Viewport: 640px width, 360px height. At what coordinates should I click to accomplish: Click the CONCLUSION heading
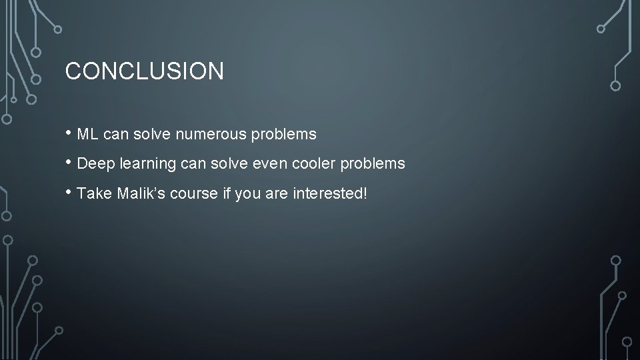pyautogui.click(x=144, y=71)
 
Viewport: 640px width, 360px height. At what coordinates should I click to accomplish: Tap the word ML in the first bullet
pyautogui.click(x=88, y=135)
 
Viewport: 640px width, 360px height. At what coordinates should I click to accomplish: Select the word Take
pyautogui.click(x=93, y=193)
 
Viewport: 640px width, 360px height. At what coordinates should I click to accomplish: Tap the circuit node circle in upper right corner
pyautogui.click(x=615, y=85)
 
